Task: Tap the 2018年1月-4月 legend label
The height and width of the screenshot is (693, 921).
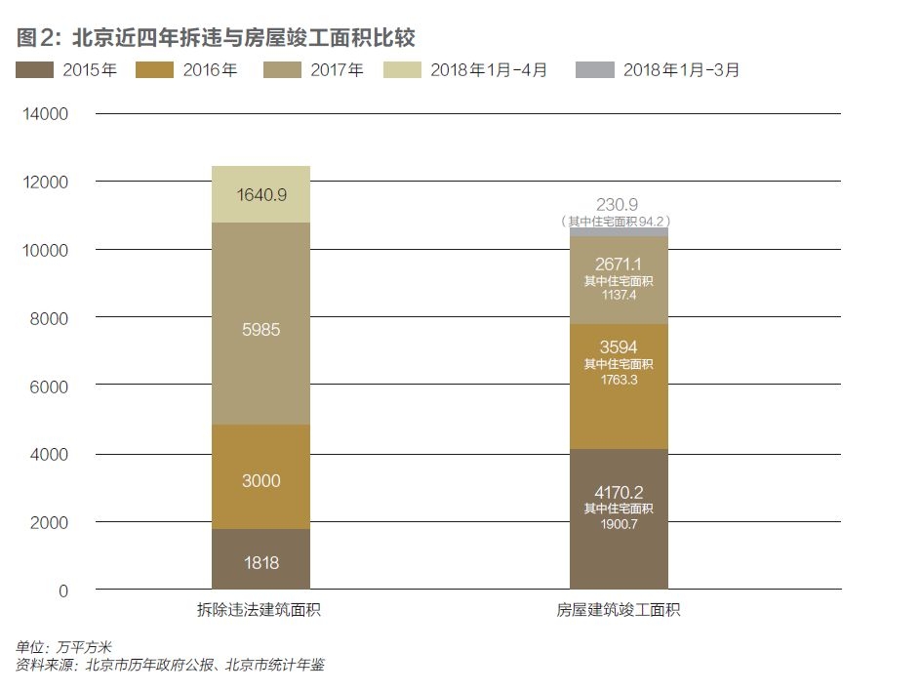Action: pyautogui.click(x=489, y=70)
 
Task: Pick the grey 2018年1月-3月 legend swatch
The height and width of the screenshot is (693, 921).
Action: pyautogui.click(x=594, y=70)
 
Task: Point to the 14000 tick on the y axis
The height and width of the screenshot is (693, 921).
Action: pyautogui.click(x=46, y=114)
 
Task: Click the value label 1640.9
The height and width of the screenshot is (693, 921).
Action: pyautogui.click(x=260, y=195)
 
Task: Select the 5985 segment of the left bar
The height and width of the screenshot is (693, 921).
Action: pyautogui.click(x=260, y=330)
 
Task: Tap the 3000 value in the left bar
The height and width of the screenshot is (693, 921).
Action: pyautogui.click(x=260, y=480)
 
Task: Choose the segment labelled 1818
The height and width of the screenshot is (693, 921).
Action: pyautogui.click(x=260, y=562)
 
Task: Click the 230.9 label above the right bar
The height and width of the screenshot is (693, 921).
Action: pyautogui.click(x=620, y=204)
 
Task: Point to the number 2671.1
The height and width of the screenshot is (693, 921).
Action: pyautogui.click(x=620, y=265)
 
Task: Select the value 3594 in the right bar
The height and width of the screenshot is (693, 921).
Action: pyautogui.click(x=620, y=348)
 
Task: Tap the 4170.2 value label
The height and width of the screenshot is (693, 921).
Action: pyautogui.click(x=620, y=492)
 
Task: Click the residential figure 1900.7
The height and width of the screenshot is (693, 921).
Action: pyautogui.click(x=620, y=524)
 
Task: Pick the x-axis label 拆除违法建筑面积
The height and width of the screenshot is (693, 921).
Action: pyautogui.click(x=260, y=611)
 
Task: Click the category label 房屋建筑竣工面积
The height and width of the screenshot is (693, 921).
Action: pyautogui.click(x=619, y=611)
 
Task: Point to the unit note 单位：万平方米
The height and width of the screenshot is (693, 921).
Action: pyautogui.click(x=64, y=647)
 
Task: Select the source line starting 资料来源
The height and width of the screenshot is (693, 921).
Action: pyautogui.click(x=170, y=666)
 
